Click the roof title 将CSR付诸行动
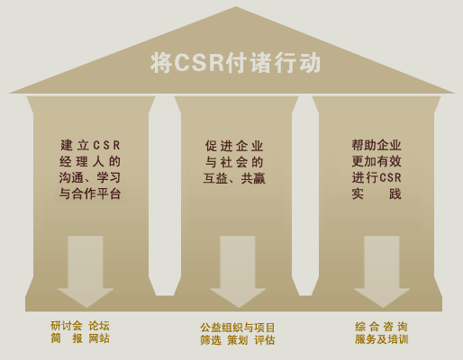(x=235, y=63)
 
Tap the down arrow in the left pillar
(x=86, y=272)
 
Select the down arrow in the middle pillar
(x=238, y=272)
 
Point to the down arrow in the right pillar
(x=382, y=272)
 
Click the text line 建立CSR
(x=90, y=145)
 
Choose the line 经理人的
(x=90, y=162)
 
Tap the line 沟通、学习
(x=90, y=177)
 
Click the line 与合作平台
(x=90, y=193)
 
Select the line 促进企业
(x=234, y=146)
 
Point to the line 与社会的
(x=234, y=162)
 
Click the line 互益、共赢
(x=234, y=178)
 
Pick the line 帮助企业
(x=377, y=145)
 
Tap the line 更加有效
(x=377, y=161)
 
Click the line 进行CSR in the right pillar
(x=377, y=177)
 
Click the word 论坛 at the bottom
(x=99, y=326)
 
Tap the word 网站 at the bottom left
(x=99, y=338)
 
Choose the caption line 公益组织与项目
(x=238, y=328)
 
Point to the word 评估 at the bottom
(x=265, y=340)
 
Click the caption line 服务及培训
(x=381, y=339)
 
